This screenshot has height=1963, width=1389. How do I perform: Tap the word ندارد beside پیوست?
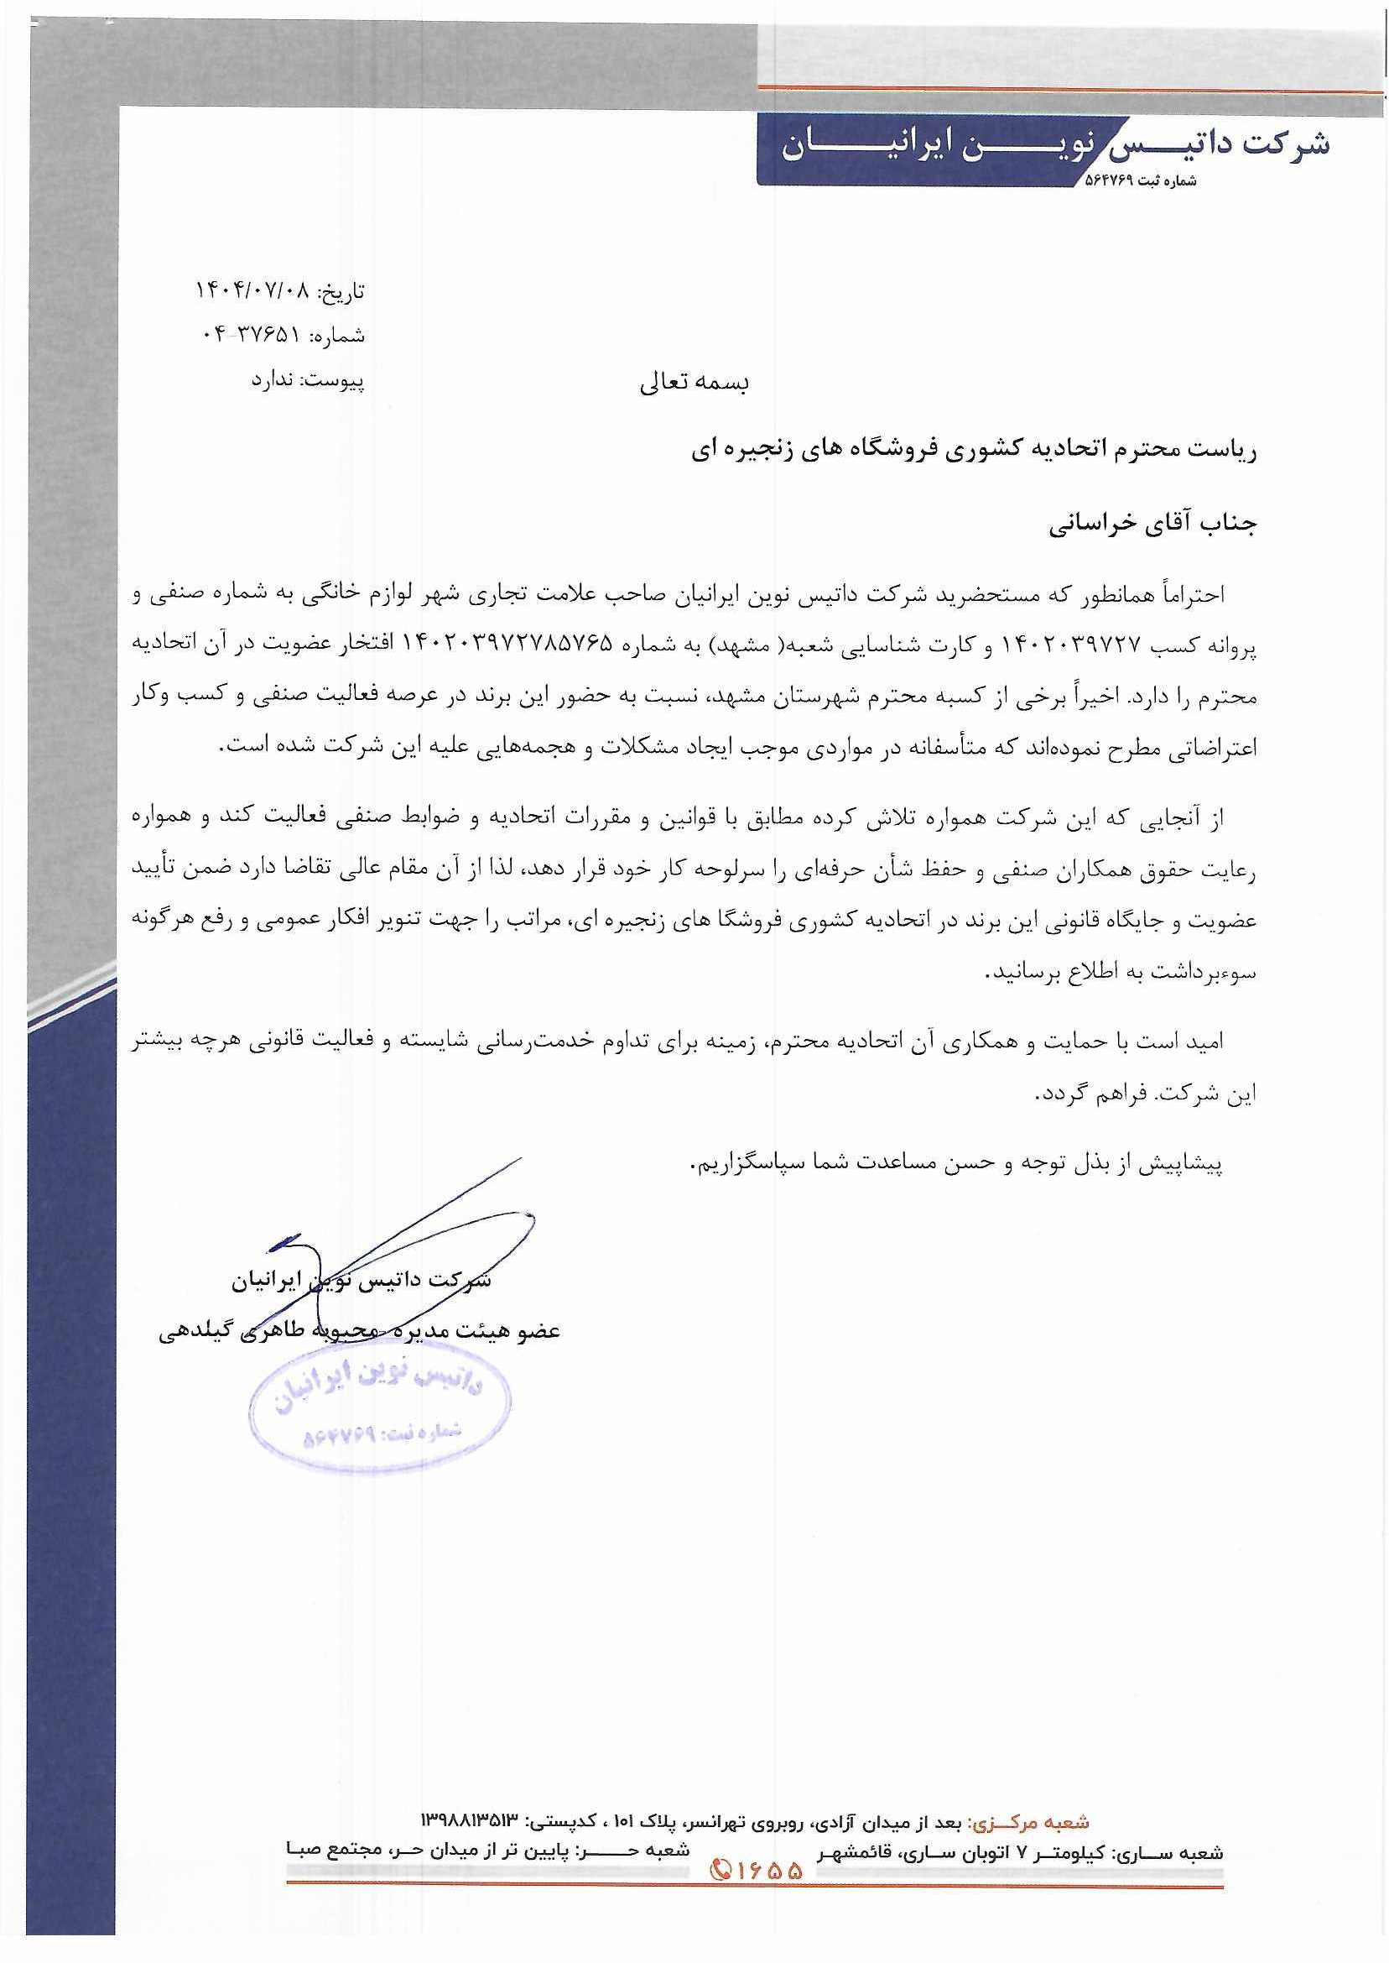(272, 380)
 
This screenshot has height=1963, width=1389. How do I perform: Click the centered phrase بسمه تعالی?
(694, 383)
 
